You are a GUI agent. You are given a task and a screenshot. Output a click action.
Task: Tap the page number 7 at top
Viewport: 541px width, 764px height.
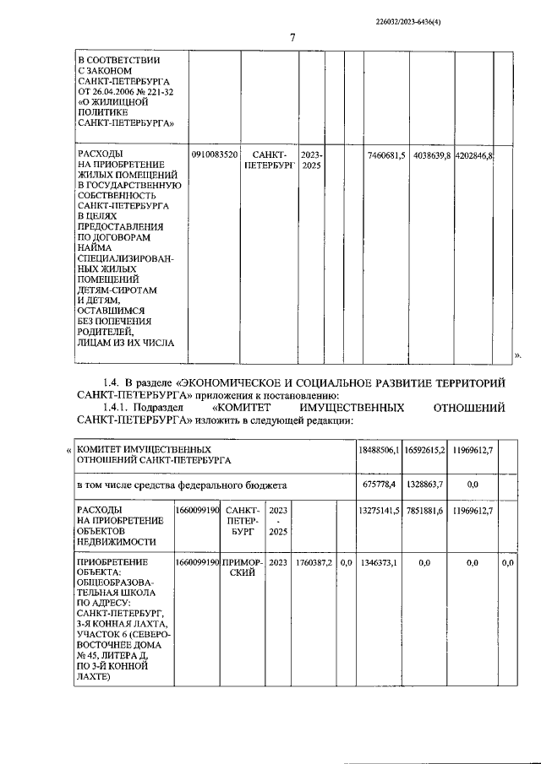point(292,38)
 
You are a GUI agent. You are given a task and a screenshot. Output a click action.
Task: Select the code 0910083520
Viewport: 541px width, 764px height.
point(215,155)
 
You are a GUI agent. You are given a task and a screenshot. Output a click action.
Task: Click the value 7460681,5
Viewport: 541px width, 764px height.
point(386,155)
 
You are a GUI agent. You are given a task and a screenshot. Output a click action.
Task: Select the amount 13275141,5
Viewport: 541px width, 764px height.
point(378,512)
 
